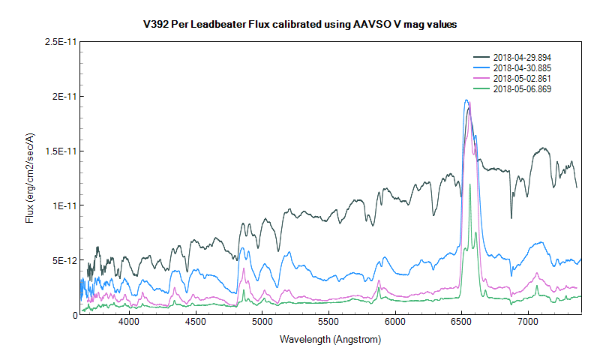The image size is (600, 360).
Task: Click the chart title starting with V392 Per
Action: [x=300, y=25]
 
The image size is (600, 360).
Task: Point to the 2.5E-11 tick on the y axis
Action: [x=56, y=42]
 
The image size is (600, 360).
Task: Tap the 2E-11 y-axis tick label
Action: [x=61, y=97]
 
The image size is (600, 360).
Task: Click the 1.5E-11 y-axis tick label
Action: [x=56, y=151]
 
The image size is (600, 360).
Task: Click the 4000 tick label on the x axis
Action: [x=129, y=322]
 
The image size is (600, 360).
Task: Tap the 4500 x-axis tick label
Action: [x=196, y=322]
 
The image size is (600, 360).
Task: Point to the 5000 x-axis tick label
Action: [x=262, y=322]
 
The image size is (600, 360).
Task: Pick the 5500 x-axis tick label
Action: [x=328, y=322]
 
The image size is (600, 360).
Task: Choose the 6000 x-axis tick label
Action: [x=395, y=322]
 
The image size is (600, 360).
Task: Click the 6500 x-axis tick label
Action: [x=462, y=322]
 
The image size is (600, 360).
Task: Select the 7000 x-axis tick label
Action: [x=528, y=322]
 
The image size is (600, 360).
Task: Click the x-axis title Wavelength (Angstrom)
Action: [x=330, y=340]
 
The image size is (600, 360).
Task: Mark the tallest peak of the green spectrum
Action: [x=470, y=184]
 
